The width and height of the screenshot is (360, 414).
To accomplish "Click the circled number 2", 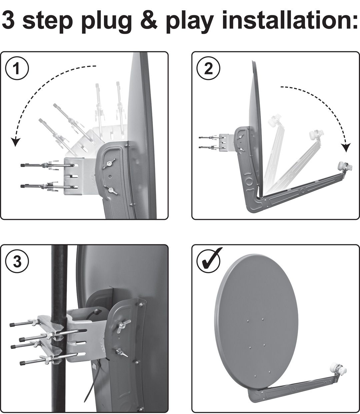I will pyautogui.click(x=208, y=69).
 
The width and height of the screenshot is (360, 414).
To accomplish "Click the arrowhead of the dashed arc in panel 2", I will pyautogui.click(x=347, y=147).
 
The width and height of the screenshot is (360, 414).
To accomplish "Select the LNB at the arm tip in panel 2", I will pyautogui.click(x=343, y=165).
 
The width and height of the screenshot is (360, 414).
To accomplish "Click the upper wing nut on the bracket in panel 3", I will pyautogui.click(x=125, y=323).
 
